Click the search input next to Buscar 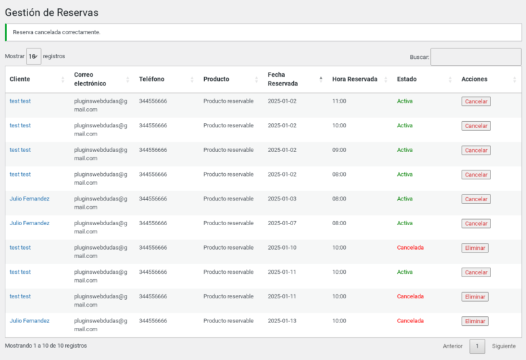[x=476, y=57]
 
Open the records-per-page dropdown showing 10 [x=34, y=56]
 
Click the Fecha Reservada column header [x=282, y=79]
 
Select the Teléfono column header [x=151, y=79]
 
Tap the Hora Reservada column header [x=355, y=79]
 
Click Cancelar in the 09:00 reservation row [x=476, y=150]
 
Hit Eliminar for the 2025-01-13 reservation [x=475, y=321]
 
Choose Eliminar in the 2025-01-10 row [x=475, y=248]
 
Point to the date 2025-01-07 [x=281, y=223]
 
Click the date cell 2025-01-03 [x=281, y=198]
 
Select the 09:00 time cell [x=339, y=150]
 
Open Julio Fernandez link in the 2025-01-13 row [x=29, y=321]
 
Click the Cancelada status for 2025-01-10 [x=410, y=248]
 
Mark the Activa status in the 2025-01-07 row [x=405, y=223]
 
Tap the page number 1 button [x=477, y=346]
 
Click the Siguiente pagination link [x=503, y=346]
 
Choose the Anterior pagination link [x=452, y=346]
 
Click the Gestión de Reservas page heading [x=51, y=12]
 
